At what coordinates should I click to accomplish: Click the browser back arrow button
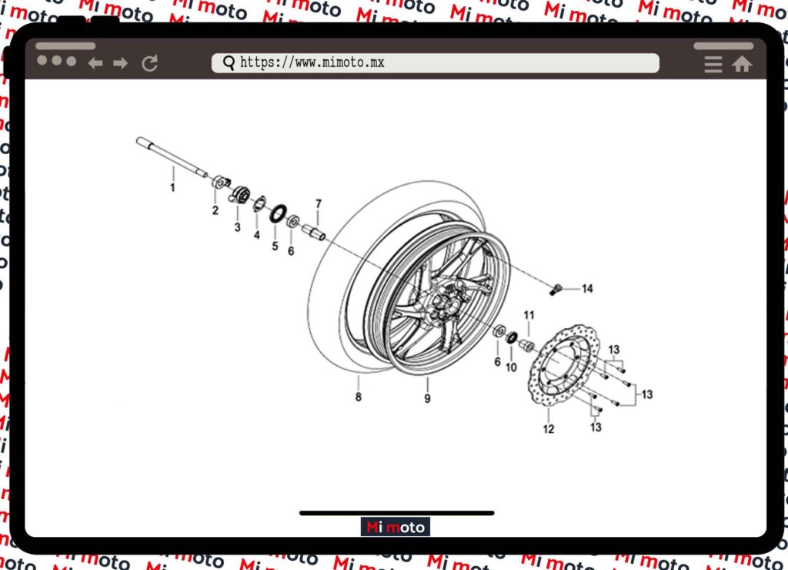coord(95,63)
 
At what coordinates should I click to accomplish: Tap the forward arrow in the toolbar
coord(121,63)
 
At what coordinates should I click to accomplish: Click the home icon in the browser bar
coord(742,64)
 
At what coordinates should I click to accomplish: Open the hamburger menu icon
coord(713,64)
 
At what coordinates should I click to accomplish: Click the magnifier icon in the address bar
coord(229,63)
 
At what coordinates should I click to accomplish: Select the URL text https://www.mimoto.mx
coord(312,62)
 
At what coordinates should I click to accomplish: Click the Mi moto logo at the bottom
coord(395,527)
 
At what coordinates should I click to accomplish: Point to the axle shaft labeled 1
coord(172,156)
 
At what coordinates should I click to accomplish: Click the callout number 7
coord(318,204)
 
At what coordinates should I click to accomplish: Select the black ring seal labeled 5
coord(278,213)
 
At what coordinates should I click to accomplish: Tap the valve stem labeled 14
coord(556,290)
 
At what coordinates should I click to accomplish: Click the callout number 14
coord(587,288)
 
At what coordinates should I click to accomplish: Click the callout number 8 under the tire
coord(359,397)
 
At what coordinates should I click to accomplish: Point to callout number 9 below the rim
coord(427,398)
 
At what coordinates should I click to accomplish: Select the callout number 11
coord(529,315)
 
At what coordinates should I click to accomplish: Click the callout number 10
coord(511,367)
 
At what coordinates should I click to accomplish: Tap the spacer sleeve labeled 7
coord(314,233)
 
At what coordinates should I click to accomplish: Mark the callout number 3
coord(237,227)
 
